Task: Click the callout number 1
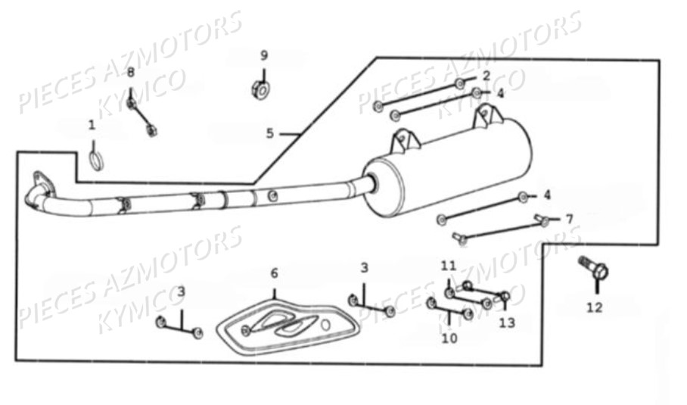click(x=92, y=126)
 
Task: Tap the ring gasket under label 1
click(x=97, y=160)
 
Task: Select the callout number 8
click(x=131, y=73)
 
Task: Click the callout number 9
click(x=264, y=56)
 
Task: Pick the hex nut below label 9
click(x=261, y=90)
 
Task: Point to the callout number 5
click(x=270, y=133)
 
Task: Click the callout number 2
click(x=486, y=76)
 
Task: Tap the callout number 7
click(x=569, y=219)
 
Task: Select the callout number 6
click(x=275, y=273)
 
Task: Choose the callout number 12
click(x=595, y=307)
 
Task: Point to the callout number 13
click(x=507, y=323)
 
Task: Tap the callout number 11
click(x=449, y=266)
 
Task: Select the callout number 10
click(x=449, y=338)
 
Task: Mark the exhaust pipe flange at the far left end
click(x=41, y=184)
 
